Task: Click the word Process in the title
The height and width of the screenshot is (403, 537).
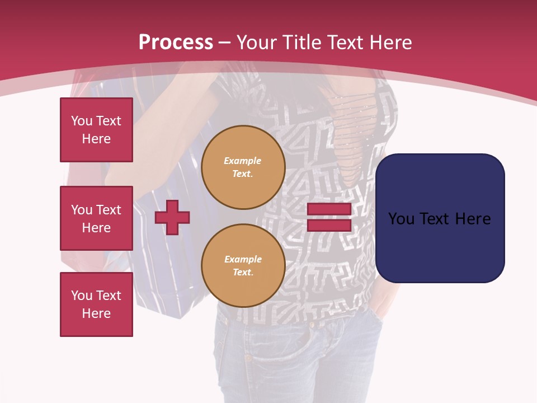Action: click(176, 42)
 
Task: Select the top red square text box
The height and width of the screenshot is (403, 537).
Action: click(96, 130)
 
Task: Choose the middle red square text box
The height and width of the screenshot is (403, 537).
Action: click(96, 218)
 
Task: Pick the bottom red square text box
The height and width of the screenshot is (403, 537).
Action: click(96, 304)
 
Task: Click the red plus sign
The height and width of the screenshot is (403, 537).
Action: click(172, 217)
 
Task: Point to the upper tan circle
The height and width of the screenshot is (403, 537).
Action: click(243, 167)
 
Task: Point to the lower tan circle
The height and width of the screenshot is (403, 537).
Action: click(243, 266)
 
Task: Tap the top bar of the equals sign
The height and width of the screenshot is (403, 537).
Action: click(329, 209)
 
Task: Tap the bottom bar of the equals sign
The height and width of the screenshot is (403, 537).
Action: click(329, 226)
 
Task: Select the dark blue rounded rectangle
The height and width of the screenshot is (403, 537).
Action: click(440, 246)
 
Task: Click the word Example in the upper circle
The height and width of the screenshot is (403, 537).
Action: click(243, 161)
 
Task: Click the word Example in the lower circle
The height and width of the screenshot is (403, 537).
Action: click(243, 259)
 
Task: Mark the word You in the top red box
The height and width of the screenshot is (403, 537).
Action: click(82, 121)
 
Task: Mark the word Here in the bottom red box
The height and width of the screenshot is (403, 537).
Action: click(96, 313)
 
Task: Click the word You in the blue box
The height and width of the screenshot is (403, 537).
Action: click(401, 219)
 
